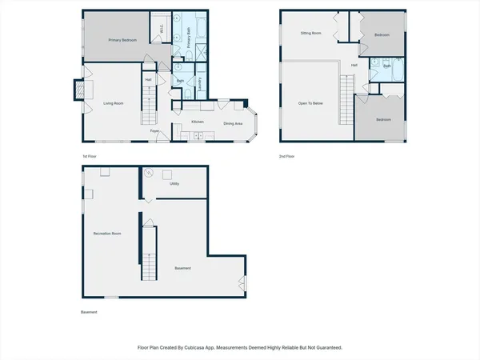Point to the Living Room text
(113, 103)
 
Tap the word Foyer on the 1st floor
(155, 130)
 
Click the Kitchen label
(197, 122)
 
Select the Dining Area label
(233, 123)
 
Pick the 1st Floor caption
(90, 155)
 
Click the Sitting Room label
(310, 34)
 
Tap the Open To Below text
(310, 103)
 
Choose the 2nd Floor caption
(286, 155)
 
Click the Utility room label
(174, 183)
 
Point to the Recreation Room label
(107, 233)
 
